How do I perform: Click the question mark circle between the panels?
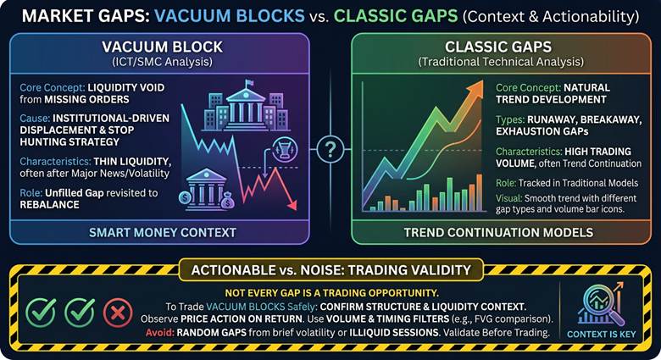(330, 148)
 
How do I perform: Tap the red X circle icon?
(117, 312)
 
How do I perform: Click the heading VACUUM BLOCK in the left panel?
(162, 47)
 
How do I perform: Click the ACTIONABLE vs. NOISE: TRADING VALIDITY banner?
(330, 269)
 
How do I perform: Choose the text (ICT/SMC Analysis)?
(162, 62)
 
